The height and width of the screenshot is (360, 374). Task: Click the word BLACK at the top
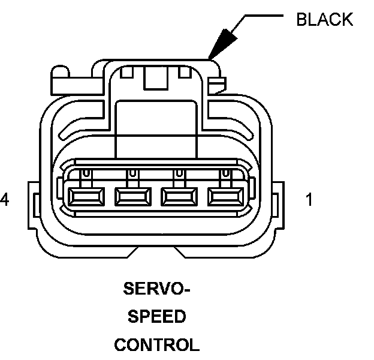(x=324, y=20)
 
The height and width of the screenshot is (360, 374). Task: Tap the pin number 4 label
(x=5, y=200)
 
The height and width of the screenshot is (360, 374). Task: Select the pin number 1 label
(x=309, y=200)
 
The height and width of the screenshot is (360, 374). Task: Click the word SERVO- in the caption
(x=156, y=290)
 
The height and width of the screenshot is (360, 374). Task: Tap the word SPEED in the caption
(x=156, y=317)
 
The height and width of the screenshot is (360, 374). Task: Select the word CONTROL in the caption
(x=156, y=345)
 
